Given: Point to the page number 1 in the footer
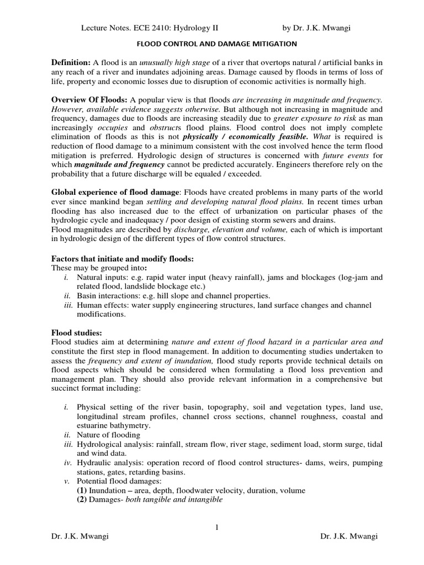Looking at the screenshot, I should click(x=217, y=527).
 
